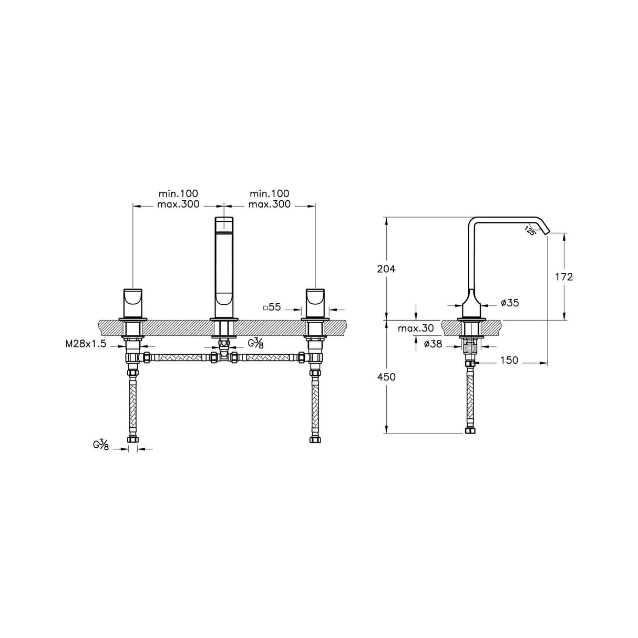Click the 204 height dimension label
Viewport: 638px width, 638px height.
[x=386, y=269]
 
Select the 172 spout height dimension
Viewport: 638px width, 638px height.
[x=564, y=277]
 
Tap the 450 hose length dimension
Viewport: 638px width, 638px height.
[x=386, y=377]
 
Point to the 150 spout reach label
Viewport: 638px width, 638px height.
[x=509, y=361]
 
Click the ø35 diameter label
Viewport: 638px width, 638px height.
[x=510, y=303]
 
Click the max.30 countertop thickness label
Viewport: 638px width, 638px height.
[x=416, y=329]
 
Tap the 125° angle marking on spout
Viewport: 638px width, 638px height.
[x=530, y=230]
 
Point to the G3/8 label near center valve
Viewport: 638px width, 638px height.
[x=256, y=344]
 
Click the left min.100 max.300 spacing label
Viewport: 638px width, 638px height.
[x=178, y=199]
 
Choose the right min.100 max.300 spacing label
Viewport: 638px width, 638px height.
[x=269, y=199]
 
